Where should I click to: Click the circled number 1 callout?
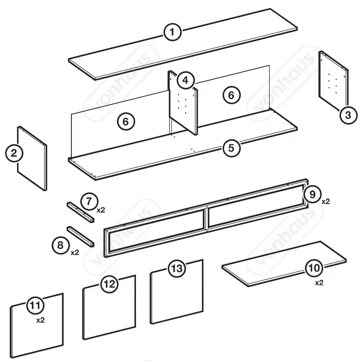(x=172, y=32)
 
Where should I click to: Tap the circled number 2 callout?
(x=14, y=153)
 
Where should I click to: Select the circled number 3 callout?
(x=348, y=114)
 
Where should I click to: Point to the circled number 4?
(x=184, y=80)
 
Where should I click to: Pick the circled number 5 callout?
(x=231, y=148)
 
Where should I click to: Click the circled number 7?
(x=89, y=201)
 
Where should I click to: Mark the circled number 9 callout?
(x=313, y=195)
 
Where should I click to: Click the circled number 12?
(x=109, y=284)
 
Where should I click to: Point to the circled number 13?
(x=177, y=268)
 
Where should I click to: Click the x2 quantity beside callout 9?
(x=325, y=202)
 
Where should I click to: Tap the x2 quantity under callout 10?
(x=319, y=283)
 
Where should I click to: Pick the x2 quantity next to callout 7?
(x=101, y=210)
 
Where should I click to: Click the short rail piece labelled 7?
(x=81, y=212)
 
